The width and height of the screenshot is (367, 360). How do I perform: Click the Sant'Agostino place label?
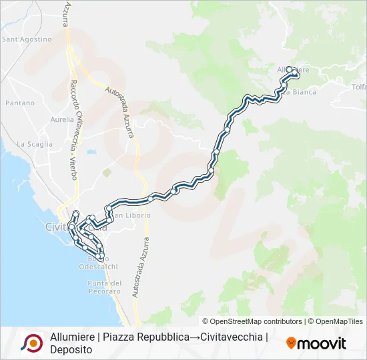click(x=27, y=39)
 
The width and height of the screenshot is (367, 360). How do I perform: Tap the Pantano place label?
click(x=19, y=103)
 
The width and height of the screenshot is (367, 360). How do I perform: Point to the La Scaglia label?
click(x=30, y=144)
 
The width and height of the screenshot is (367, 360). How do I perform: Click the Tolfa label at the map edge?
click(x=358, y=87)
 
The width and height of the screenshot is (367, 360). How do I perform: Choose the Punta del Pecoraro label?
click(x=104, y=287)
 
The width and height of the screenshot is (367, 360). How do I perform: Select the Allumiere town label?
click(x=294, y=69)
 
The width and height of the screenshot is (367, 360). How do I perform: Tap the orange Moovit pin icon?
click(x=291, y=343)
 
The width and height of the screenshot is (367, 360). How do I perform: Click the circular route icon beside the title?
click(x=31, y=343)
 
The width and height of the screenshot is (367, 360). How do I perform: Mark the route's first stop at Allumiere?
click(x=289, y=69)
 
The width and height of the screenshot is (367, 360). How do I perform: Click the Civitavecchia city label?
click(x=73, y=227)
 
